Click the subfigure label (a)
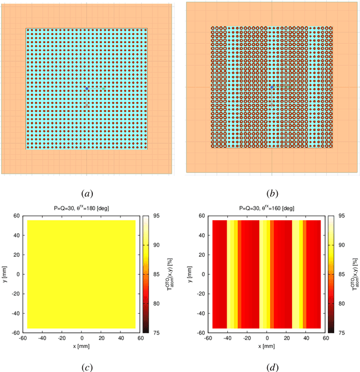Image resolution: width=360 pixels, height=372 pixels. click(87, 193)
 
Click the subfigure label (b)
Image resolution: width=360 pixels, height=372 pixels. click(272, 193)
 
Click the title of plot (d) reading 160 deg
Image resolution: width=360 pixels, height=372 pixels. click(266, 208)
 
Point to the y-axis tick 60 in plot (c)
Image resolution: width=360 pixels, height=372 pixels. click(16, 215)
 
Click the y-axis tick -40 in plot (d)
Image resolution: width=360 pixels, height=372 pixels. click(199, 314)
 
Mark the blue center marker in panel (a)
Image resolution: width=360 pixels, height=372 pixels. click(86, 88)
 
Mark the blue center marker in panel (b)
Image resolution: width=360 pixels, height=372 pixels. click(272, 88)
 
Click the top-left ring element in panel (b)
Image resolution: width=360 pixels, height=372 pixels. click(213, 28)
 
